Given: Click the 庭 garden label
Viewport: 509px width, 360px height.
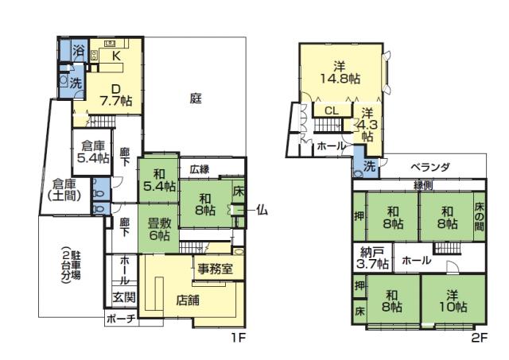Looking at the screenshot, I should pyautogui.click(x=195, y=99).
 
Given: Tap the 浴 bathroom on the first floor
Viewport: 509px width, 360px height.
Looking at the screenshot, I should pyautogui.click(x=78, y=51).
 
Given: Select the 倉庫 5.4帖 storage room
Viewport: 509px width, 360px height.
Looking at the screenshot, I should pyautogui.click(x=93, y=152).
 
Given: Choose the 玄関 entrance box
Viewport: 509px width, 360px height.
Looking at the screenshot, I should pyautogui.click(x=123, y=297).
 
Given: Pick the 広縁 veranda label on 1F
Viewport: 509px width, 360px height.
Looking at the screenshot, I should pyautogui.click(x=199, y=168).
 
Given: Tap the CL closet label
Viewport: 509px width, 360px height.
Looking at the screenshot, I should pyautogui.click(x=332, y=111).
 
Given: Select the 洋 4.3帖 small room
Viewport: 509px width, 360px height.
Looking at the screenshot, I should pyautogui.click(x=367, y=124).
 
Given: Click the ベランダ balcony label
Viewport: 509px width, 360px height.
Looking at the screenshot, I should pyautogui.click(x=430, y=168).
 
